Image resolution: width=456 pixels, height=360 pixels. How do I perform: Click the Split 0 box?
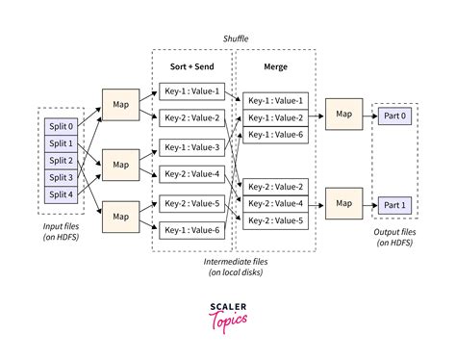(x=59, y=126)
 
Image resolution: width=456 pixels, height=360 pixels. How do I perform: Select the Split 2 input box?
(x=59, y=160)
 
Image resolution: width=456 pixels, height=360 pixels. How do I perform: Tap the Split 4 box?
(x=59, y=193)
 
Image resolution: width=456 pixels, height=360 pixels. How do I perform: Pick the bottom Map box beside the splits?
(x=120, y=215)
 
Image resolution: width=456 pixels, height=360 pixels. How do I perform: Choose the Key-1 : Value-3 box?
(x=190, y=147)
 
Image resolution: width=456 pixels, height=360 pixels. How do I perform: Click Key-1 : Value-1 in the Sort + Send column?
(x=190, y=91)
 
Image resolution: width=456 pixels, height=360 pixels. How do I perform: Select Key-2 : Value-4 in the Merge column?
(x=274, y=203)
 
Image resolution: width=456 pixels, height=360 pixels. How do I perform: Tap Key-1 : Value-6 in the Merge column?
(x=274, y=134)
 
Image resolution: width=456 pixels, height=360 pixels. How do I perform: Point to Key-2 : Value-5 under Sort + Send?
(x=190, y=203)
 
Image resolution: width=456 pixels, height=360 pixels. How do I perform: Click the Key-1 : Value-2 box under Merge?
(x=274, y=116)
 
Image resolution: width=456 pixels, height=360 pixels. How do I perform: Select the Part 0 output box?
(x=395, y=115)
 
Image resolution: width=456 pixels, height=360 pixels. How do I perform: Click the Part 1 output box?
(x=395, y=204)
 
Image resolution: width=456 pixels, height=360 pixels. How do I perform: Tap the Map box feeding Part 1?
(x=343, y=204)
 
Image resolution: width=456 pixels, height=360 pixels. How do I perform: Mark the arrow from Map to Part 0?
(x=369, y=115)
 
